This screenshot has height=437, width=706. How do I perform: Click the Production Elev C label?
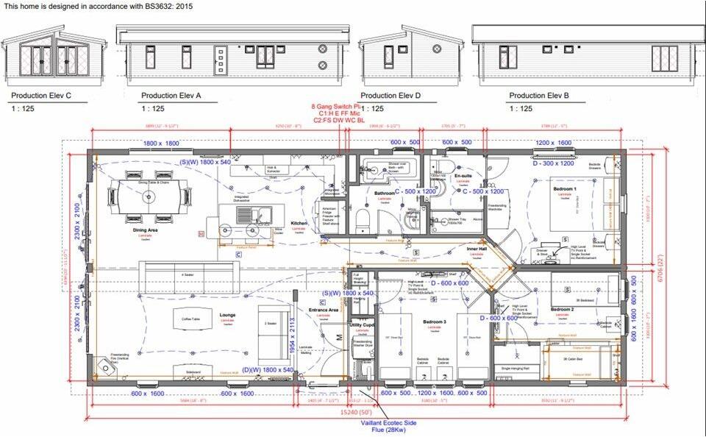click(x=41, y=96)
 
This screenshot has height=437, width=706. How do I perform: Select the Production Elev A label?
click(x=171, y=96)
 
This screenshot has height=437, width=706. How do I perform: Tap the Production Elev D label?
click(x=390, y=96)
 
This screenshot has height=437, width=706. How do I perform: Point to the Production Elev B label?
click(x=540, y=96)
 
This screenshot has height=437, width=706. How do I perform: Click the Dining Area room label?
click(x=146, y=230)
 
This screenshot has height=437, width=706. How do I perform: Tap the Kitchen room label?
click(x=299, y=223)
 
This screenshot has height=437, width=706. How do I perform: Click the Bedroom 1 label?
click(x=565, y=189)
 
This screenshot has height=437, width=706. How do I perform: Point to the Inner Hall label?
click(x=477, y=249)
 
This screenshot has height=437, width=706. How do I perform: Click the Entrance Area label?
click(x=323, y=310)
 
